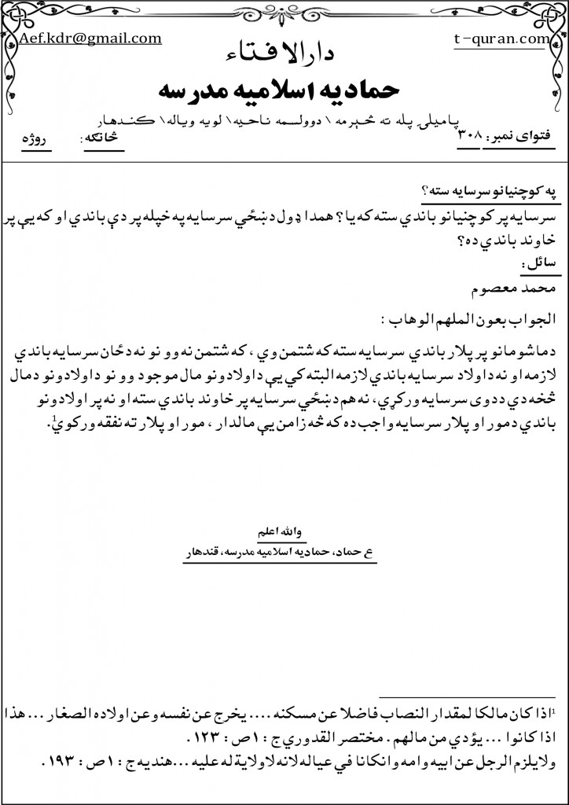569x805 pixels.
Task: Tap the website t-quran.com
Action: (503, 38)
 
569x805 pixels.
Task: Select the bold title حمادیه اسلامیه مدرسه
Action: (284, 89)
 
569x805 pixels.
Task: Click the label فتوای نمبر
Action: (519, 138)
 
